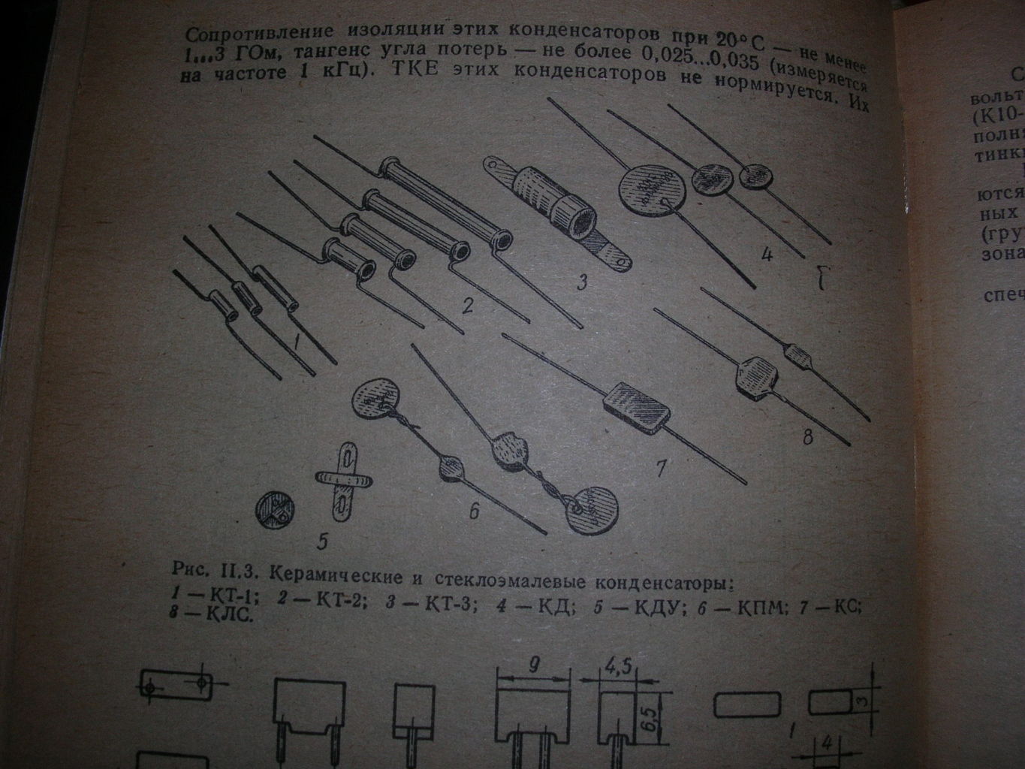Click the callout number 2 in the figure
coord(468,306)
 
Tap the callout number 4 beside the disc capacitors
coord(766,255)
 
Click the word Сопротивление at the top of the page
coord(239,33)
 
